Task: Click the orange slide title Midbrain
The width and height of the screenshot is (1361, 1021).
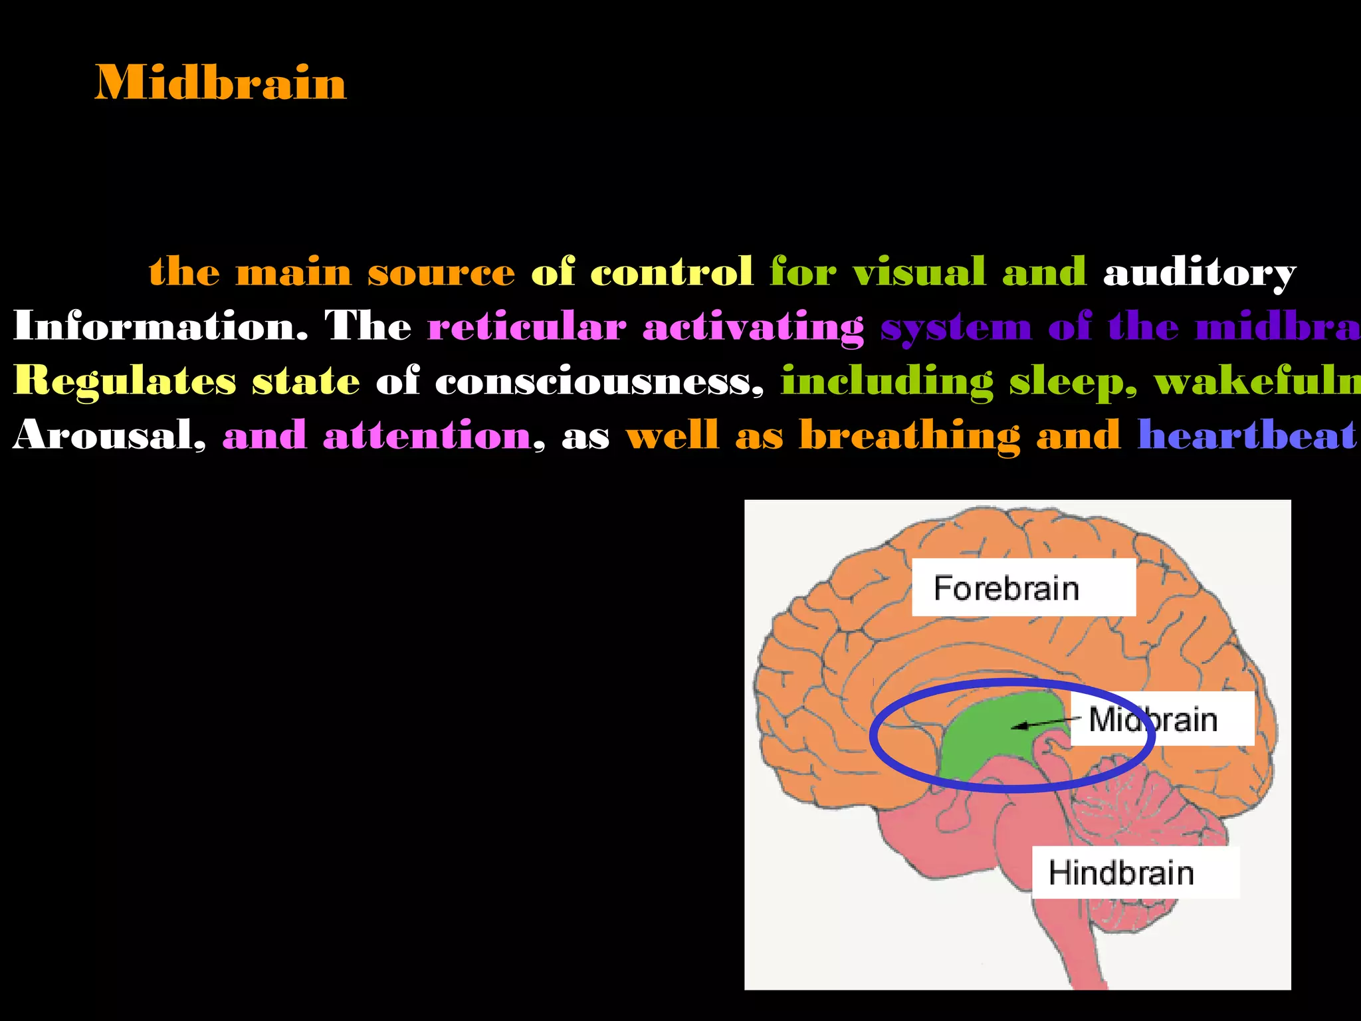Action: pyautogui.click(x=220, y=83)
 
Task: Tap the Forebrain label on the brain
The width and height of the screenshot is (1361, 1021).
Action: pyautogui.click(x=1005, y=588)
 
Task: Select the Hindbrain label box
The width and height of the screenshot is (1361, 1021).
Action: pyautogui.click(x=1121, y=873)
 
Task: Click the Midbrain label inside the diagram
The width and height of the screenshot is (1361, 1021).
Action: pyautogui.click(x=1153, y=720)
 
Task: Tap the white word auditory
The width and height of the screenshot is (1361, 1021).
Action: pyautogui.click(x=1199, y=273)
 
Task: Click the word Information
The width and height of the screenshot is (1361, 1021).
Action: pyautogui.click(x=160, y=326)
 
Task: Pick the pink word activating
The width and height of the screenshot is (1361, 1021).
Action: pyautogui.click(x=753, y=327)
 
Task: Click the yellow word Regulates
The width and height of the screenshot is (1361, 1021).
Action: pyautogui.click(x=124, y=382)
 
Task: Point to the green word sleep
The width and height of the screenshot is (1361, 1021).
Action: pyautogui.click(x=1072, y=382)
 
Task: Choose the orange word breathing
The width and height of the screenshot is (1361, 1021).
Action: pyautogui.click(x=909, y=436)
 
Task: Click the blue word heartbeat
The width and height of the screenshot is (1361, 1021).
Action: pyautogui.click(x=1246, y=436)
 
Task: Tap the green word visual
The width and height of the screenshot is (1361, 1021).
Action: pyautogui.click(x=918, y=273)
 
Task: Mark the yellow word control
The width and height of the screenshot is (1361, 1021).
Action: pyautogui.click(x=671, y=273)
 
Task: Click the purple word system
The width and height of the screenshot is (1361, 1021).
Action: pyautogui.click(x=956, y=327)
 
